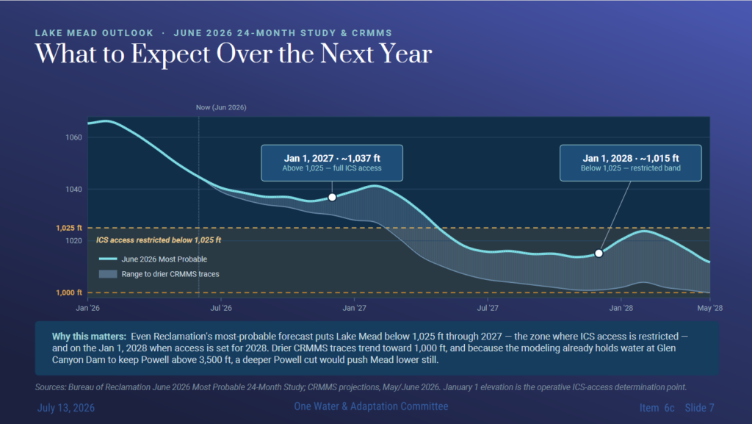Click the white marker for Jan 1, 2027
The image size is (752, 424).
[x=332, y=197]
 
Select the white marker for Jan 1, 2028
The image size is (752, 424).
[x=599, y=254]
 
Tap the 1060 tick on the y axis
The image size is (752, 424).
[x=74, y=137]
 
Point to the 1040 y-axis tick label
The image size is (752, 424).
[x=74, y=190]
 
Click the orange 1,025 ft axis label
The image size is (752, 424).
[x=69, y=228]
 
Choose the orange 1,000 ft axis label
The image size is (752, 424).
[x=69, y=292]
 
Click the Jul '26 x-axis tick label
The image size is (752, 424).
[x=221, y=308]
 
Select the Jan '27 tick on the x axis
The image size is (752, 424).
[x=355, y=308]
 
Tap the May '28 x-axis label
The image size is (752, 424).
[x=710, y=308]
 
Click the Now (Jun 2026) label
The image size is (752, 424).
[x=221, y=107]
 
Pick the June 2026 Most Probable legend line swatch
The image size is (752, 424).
[x=108, y=259]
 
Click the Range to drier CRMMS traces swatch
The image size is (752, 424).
[x=108, y=274]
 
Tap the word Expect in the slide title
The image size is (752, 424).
[x=170, y=54]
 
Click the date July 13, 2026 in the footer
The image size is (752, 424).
[x=66, y=408]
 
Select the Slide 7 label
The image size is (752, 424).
[x=700, y=408]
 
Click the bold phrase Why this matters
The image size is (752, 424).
[x=89, y=337]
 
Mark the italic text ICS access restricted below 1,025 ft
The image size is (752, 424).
[x=159, y=240]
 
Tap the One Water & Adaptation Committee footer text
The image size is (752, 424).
[x=371, y=406]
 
